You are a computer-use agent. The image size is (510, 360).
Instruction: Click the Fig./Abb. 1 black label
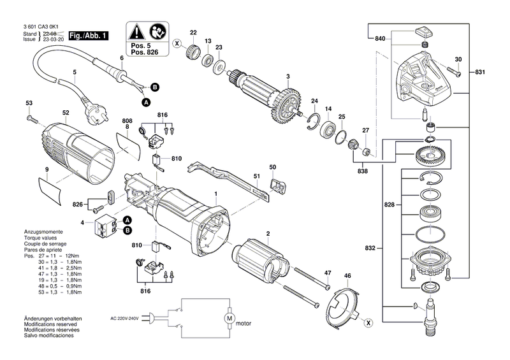pos(88,36)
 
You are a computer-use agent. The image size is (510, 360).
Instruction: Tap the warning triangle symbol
pos(136,32)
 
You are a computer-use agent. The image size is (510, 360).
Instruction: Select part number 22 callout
pos(193,32)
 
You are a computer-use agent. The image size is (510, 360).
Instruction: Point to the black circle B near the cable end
pos(155,87)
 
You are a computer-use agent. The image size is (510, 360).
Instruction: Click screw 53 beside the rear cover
pos(33,119)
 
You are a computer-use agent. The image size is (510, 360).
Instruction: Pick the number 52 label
pos(66,113)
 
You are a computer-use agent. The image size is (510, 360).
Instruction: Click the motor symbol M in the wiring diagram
pos(229,318)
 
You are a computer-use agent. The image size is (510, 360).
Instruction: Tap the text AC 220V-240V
pos(124,319)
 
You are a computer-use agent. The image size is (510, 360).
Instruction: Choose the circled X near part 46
pos(368,323)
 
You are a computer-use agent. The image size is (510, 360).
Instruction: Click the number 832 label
pos(370,248)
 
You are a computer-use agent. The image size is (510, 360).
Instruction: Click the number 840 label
pos(380,39)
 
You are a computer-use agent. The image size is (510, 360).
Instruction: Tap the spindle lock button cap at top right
pos(425,32)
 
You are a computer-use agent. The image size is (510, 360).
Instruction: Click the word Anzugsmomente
pos(43,232)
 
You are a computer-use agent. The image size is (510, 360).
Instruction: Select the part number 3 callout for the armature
pos(288,76)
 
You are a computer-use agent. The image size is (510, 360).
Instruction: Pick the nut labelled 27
pos(366,152)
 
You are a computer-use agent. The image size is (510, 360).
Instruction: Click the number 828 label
pos(390,205)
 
